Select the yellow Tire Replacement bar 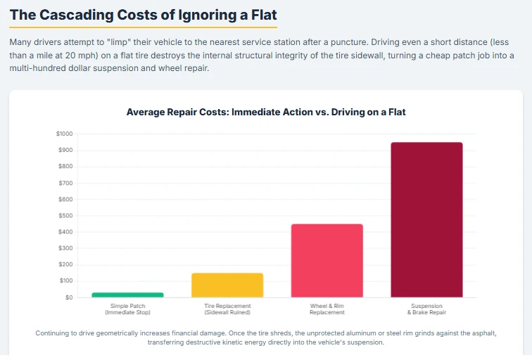tap(227, 285)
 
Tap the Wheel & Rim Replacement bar tap(327, 260)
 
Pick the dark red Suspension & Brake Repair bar tap(427, 219)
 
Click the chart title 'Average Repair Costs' tap(265, 112)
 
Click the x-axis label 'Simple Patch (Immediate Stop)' tap(127, 309)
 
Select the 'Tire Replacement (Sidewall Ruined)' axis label tap(227, 309)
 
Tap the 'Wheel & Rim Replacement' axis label tap(327, 309)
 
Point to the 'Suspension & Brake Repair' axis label tap(427, 309)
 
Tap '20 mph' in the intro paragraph tap(61, 56)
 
